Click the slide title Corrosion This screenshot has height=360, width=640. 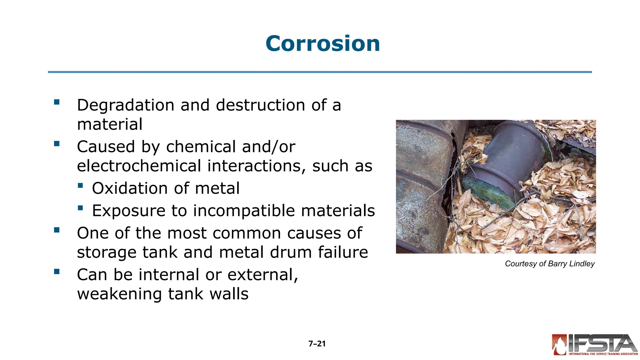coord(322,43)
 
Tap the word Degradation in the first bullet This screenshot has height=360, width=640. coord(125,105)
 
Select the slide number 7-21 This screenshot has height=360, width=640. coord(317,344)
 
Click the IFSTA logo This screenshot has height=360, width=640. coord(594,344)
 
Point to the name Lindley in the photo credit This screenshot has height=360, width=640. coord(582,264)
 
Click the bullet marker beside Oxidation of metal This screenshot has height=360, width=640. coord(80,186)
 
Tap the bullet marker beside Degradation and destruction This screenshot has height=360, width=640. coord(57,102)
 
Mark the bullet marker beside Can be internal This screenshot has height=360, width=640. coord(57,272)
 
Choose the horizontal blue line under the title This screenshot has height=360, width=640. coord(320,72)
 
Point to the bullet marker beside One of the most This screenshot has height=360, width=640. coord(57,230)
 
